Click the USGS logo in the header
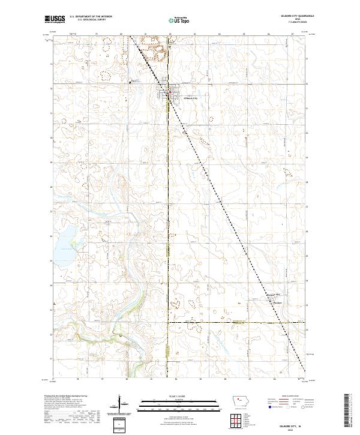(x=55, y=20)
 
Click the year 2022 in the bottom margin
(x=291, y=428)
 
